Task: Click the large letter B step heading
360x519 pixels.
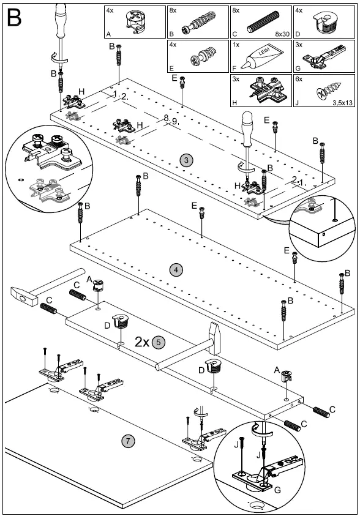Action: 14,18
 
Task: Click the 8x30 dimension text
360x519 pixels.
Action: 282,34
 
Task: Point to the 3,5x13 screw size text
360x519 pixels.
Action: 343,103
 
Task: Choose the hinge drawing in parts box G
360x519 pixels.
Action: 324,57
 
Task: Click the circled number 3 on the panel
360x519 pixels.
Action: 187,160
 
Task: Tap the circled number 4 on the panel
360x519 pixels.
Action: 176,270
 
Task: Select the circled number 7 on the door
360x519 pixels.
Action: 128,441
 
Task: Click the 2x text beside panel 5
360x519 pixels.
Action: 142,342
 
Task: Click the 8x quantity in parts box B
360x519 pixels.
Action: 173,10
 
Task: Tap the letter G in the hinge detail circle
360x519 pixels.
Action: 277,489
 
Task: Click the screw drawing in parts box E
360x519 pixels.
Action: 203,56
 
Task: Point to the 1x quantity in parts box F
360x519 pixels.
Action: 236,45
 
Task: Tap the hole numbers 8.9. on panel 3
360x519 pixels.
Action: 171,119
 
